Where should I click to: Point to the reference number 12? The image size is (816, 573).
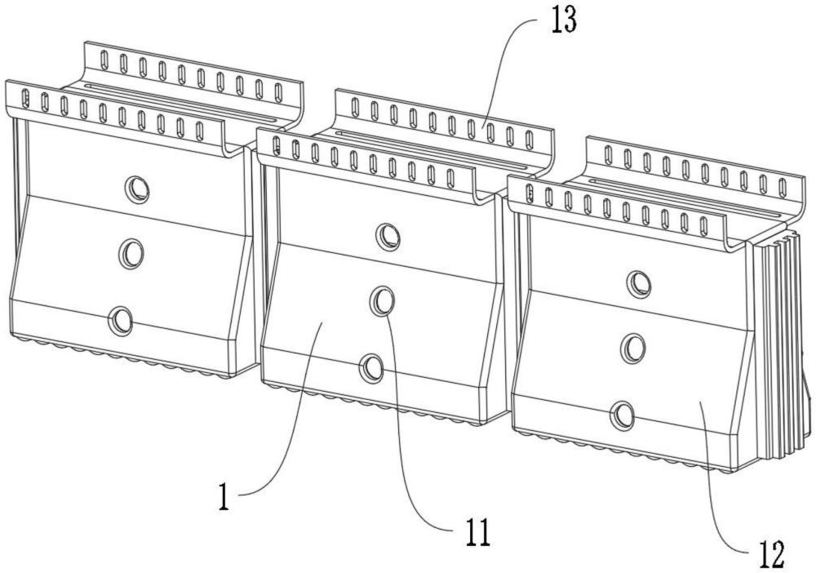[770, 555]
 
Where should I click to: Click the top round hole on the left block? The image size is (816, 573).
[137, 188]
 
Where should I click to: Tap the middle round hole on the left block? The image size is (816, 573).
[131, 254]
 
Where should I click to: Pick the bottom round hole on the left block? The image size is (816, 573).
[120, 320]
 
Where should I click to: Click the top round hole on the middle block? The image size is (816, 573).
[388, 236]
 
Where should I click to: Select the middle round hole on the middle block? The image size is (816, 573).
[383, 301]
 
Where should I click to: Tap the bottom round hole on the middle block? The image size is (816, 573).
[371, 367]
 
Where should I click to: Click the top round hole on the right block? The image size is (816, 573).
[638, 283]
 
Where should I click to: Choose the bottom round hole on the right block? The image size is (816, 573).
[622, 415]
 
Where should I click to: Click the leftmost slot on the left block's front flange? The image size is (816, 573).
[24, 95]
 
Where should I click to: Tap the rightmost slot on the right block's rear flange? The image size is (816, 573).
[783, 186]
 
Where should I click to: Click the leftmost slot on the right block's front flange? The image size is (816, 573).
[530, 192]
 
